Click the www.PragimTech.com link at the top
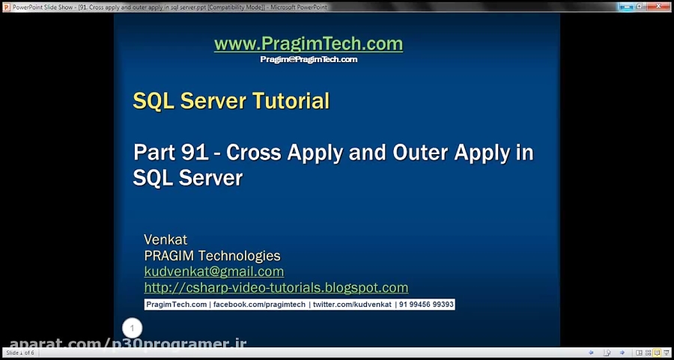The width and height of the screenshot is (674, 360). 308,44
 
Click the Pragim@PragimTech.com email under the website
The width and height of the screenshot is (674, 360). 309,59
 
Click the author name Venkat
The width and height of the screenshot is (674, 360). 166,240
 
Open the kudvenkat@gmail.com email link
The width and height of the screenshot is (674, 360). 213,272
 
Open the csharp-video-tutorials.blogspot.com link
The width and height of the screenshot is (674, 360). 276,287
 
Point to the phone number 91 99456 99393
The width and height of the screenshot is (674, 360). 426,305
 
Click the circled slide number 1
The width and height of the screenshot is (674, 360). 132,328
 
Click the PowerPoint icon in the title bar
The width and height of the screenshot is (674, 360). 6,6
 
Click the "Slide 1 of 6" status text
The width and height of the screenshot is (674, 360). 20,353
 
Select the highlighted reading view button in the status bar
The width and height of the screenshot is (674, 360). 657,353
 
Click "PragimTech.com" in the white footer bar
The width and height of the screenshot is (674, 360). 176,305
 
